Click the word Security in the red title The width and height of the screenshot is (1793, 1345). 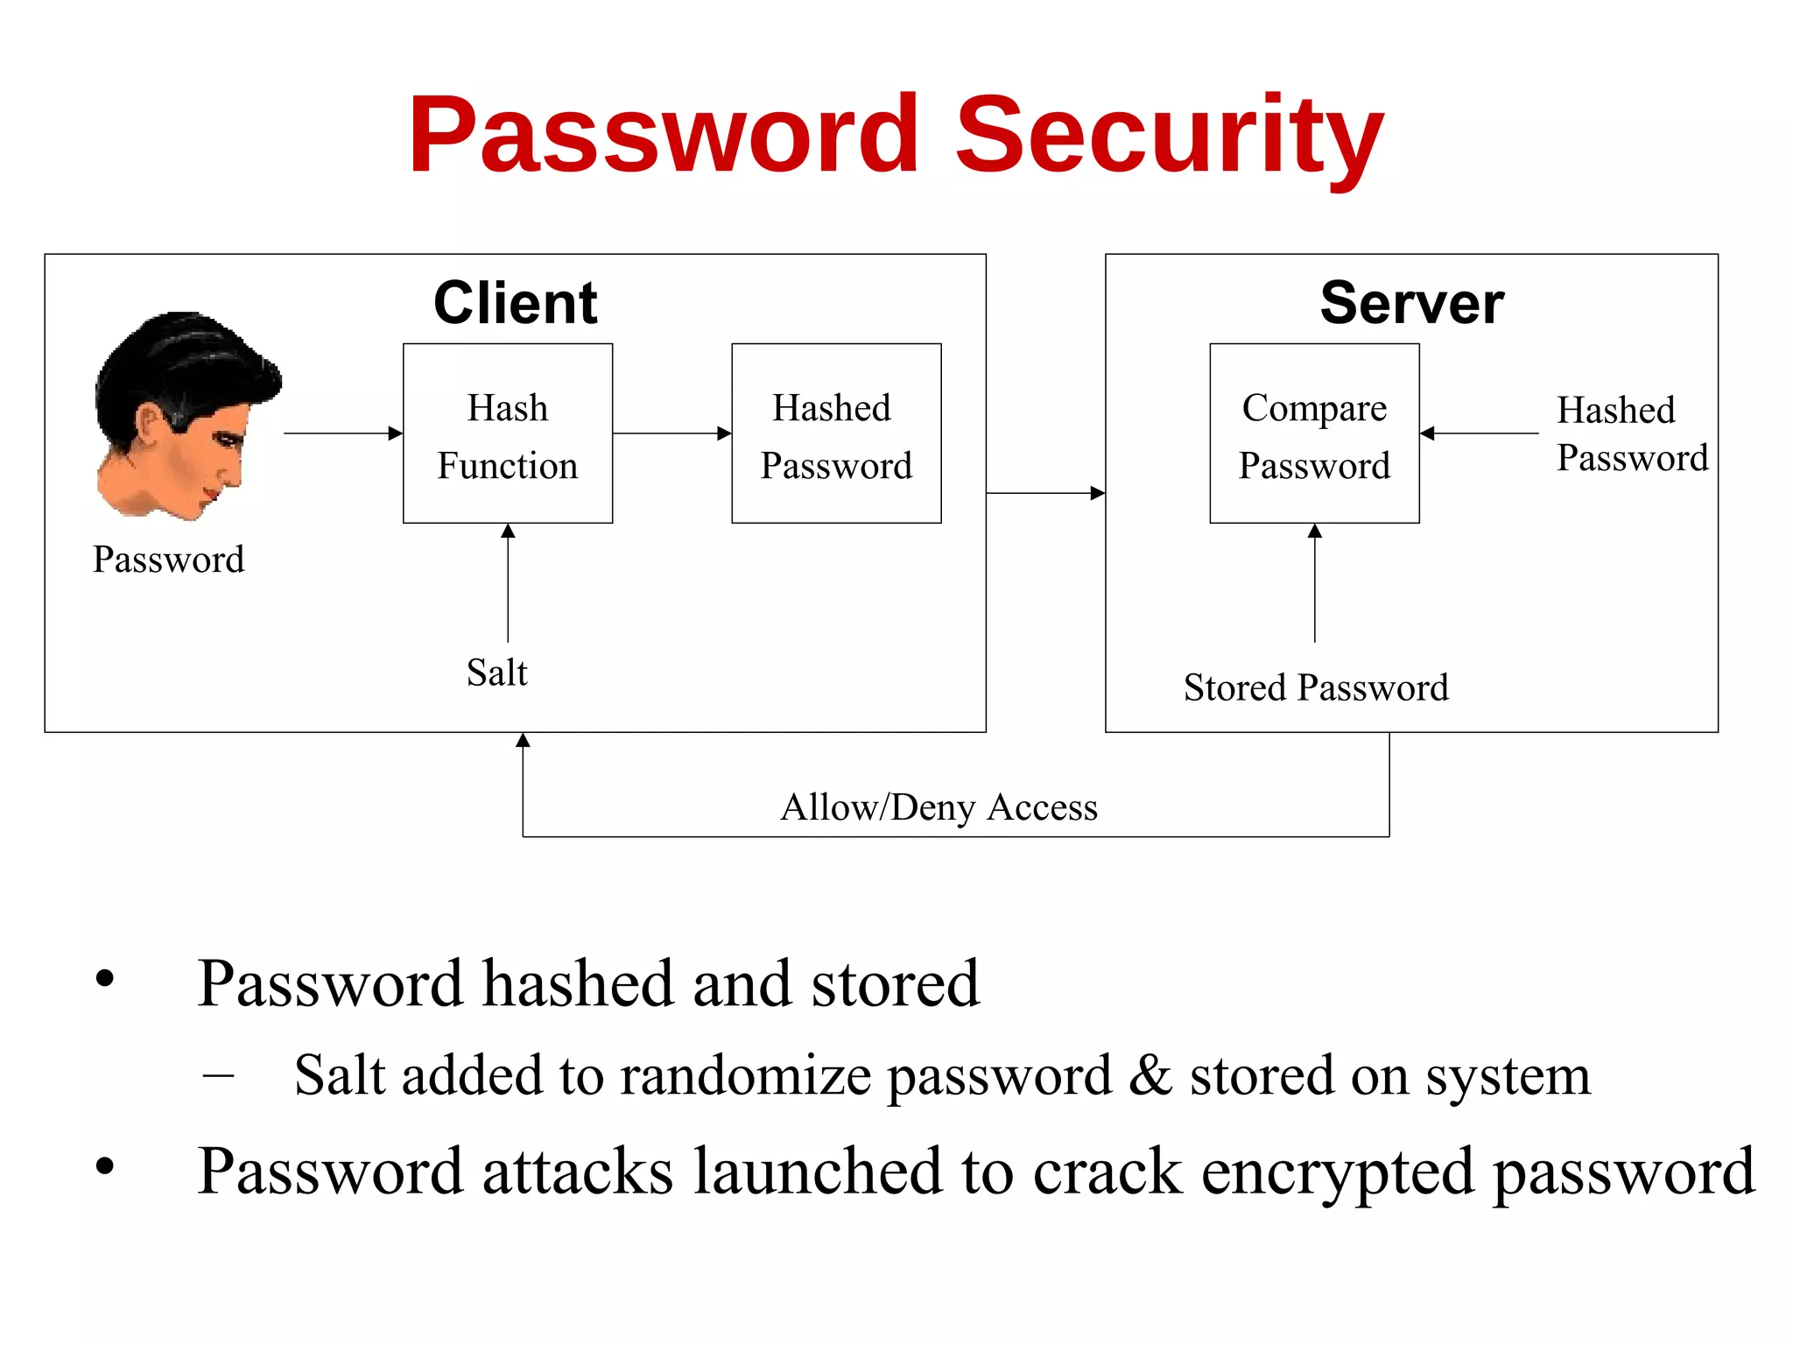coord(1169,136)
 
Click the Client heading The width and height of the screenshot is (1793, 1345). coord(515,303)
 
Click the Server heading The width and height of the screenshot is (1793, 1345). coord(1411,303)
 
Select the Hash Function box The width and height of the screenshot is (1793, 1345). coord(508,433)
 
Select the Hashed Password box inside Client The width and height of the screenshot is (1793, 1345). coord(836,433)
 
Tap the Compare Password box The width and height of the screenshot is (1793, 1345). coord(1314,433)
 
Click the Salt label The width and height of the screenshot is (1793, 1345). coord(496,672)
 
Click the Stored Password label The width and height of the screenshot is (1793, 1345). coord(1316,687)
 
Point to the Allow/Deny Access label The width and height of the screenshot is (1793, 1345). coord(939,806)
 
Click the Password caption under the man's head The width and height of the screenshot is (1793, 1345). coord(168,560)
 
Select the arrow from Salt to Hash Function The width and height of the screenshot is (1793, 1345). coord(508,582)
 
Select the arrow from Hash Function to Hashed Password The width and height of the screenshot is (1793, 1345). coord(671,433)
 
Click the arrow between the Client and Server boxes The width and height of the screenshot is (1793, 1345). coord(1045,493)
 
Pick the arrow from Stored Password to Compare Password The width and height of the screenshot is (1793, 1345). coord(1314,582)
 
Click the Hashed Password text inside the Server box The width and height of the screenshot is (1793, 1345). coord(1632,433)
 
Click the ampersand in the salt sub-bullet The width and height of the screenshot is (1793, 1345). coord(1150,1075)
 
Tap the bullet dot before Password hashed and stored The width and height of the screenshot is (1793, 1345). coord(105,979)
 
